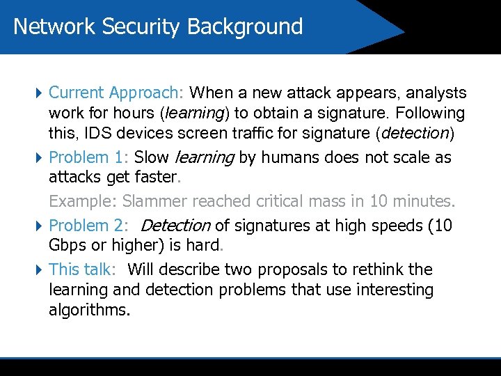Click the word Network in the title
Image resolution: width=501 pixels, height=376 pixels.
coord(54,26)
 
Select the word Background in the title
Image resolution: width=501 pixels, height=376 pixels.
coord(245,26)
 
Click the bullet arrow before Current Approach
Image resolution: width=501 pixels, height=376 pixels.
coord(38,93)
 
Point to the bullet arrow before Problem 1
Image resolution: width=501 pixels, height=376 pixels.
coord(38,158)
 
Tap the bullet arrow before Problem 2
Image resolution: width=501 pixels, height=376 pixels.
coord(38,226)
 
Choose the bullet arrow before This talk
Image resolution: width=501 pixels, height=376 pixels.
coord(38,269)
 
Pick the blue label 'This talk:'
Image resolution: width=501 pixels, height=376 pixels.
coord(81,269)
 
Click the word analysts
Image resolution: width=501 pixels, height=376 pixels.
coord(436,93)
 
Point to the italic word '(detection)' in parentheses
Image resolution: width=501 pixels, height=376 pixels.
coord(416,132)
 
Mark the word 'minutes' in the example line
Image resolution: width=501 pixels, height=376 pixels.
coord(422,202)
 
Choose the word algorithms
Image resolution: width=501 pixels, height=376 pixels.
coord(89,310)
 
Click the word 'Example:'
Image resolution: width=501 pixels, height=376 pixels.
coord(83,202)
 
